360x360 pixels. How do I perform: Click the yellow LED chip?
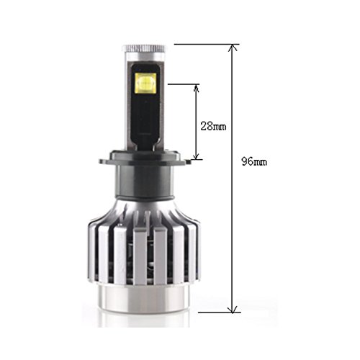pos(145,83)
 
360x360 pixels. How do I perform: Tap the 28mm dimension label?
pos(213,126)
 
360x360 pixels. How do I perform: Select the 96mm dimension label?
pos(254,161)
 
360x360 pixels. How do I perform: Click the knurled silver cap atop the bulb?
pos(145,49)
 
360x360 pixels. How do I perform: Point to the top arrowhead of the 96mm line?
pos(233,48)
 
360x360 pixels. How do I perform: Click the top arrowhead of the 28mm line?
pos(197,88)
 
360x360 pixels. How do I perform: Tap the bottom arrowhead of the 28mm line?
pos(197,156)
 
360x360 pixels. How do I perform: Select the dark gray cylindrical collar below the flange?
pos(145,182)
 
